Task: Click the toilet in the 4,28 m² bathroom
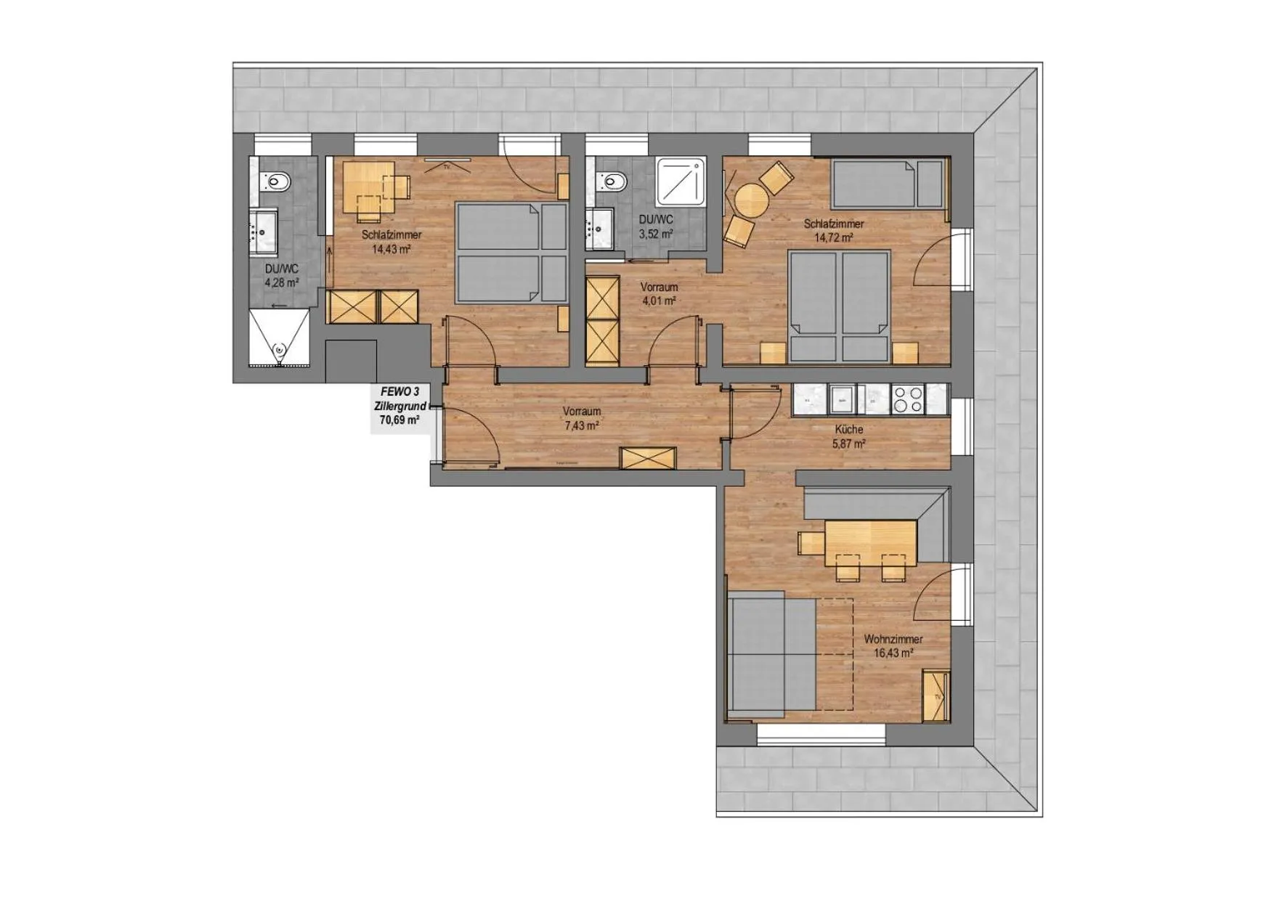pyautogui.click(x=277, y=179)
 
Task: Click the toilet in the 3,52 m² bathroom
pyautogui.click(x=612, y=179)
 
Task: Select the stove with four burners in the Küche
pyautogui.click(x=908, y=399)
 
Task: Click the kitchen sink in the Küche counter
pyautogui.click(x=843, y=399)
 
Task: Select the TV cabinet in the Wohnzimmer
pyautogui.click(x=936, y=696)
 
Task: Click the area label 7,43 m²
pyautogui.click(x=581, y=426)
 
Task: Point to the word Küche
pyautogui.click(x=848, y=430)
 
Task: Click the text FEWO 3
pyautogui.click(x=399, y=393)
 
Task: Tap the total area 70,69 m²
pyautogui.click(x=399, y=420)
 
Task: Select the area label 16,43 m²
pyautogui.click(x=893, y=653)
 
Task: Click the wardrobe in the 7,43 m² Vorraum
pyautogui.click(x=647, y=459)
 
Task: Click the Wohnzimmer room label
pyautogui.click(x=893, y=639)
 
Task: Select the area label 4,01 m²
pyautogui.click(x=659, y=300)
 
